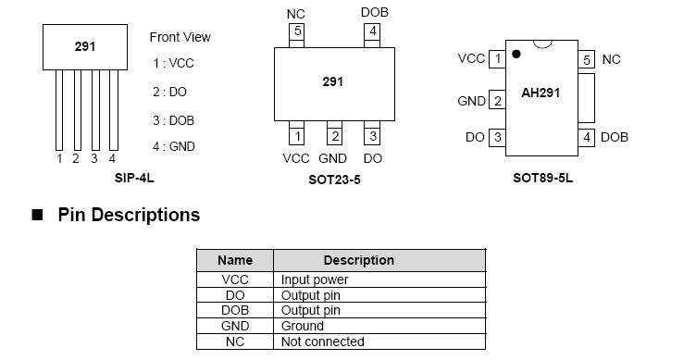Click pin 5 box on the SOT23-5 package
297,32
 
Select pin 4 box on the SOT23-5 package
373,32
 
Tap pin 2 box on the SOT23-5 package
334,136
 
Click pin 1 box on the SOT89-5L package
497,59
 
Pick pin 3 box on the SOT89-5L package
497,137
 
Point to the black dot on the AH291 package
516,55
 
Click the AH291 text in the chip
541,93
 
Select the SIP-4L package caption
134,178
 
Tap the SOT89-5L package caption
542,178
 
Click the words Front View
180,37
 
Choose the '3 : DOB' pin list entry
173,120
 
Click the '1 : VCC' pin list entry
173,64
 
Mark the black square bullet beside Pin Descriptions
38,216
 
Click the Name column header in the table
235,260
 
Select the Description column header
358,260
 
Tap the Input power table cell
315,279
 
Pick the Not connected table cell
322,341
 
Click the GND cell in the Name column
235,326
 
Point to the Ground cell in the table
303,326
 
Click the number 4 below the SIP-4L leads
112,159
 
